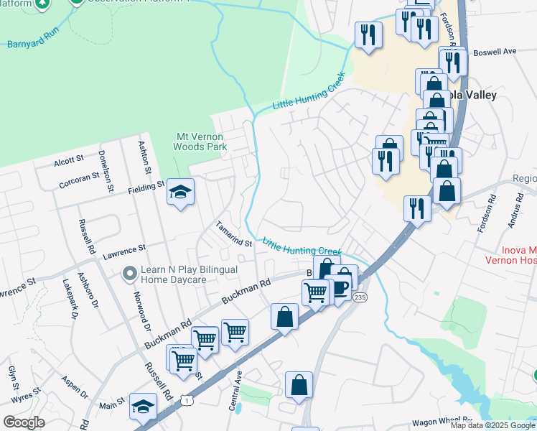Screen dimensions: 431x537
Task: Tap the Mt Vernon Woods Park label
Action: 200,142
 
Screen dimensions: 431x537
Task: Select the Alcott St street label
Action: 69,159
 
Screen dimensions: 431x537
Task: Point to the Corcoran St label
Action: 79,179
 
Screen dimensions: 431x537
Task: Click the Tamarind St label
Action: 234,235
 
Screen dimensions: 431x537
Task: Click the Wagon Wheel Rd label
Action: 442,425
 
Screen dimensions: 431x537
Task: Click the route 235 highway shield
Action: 360,297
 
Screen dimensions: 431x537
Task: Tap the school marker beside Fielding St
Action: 181,193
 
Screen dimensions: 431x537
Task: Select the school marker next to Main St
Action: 143,407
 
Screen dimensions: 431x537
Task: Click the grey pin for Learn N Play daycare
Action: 129,274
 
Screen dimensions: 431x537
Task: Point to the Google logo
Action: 24,422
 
